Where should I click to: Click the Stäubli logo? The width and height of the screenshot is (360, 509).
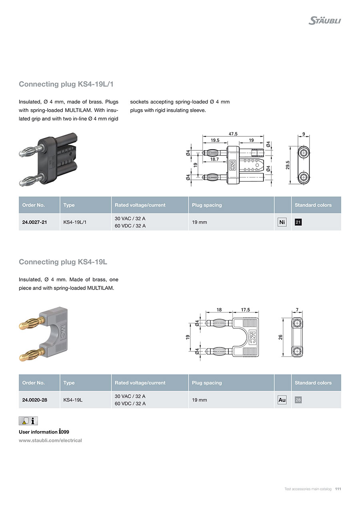click(324, 21)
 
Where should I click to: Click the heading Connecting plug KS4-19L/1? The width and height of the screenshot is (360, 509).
click(66, 84)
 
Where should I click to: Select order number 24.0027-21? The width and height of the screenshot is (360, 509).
click(34, 222)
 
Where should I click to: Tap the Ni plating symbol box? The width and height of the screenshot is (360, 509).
click(282, 222)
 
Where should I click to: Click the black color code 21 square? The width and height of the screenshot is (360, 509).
click(298, 222)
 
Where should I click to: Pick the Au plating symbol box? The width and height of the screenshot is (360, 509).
click(282, 400)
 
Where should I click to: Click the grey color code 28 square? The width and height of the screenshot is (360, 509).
click(298, 400)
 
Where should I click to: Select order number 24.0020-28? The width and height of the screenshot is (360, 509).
click(34, 400)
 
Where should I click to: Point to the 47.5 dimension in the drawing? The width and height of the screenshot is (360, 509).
click(233, 134)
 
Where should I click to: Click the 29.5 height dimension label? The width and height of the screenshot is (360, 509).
click(288, 165)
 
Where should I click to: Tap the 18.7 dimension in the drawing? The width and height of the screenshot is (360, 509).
click(214, 159)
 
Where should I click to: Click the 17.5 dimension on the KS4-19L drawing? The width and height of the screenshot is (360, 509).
click(246, 310)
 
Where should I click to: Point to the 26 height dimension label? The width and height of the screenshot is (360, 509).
click(280, 337)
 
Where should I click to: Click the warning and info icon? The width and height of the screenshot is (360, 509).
click(28, 421)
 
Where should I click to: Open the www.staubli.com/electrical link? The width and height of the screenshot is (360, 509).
click(50, 440)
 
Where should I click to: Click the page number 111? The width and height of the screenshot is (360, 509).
click(338, 489)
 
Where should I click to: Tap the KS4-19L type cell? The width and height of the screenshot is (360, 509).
click(73, 400)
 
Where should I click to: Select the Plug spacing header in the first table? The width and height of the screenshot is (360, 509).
click(207, 205)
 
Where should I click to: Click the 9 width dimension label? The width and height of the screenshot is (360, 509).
click(304, 134)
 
